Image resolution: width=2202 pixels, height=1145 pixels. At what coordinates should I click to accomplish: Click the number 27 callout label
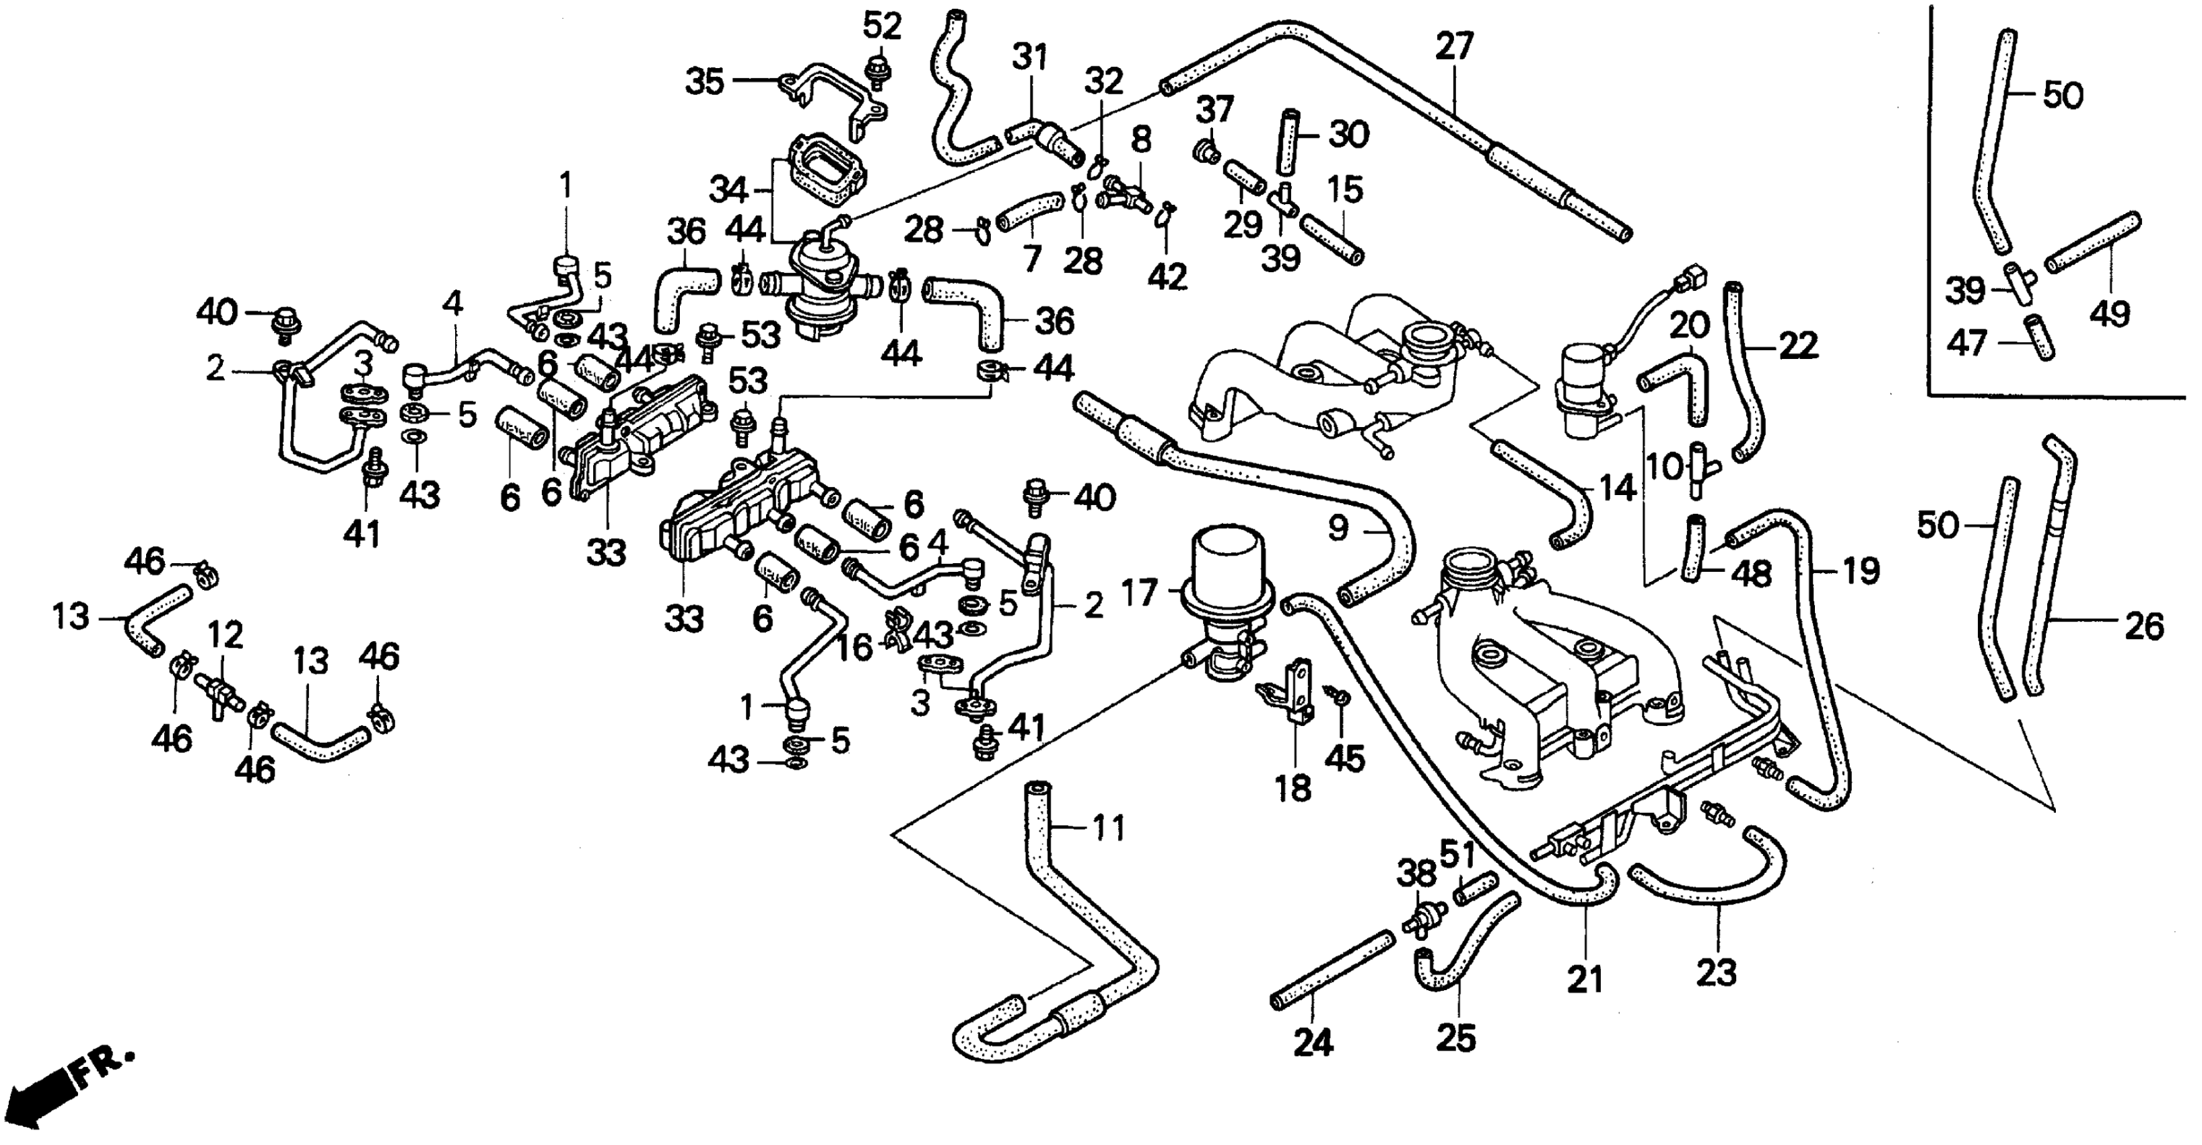pos(1454,46)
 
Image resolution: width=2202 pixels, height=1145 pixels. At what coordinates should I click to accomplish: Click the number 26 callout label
pos(2145,627)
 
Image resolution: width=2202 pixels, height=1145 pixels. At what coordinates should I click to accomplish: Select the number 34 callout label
pos(728,189)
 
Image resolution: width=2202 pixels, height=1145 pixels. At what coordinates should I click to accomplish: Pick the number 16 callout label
pos(853,647)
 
